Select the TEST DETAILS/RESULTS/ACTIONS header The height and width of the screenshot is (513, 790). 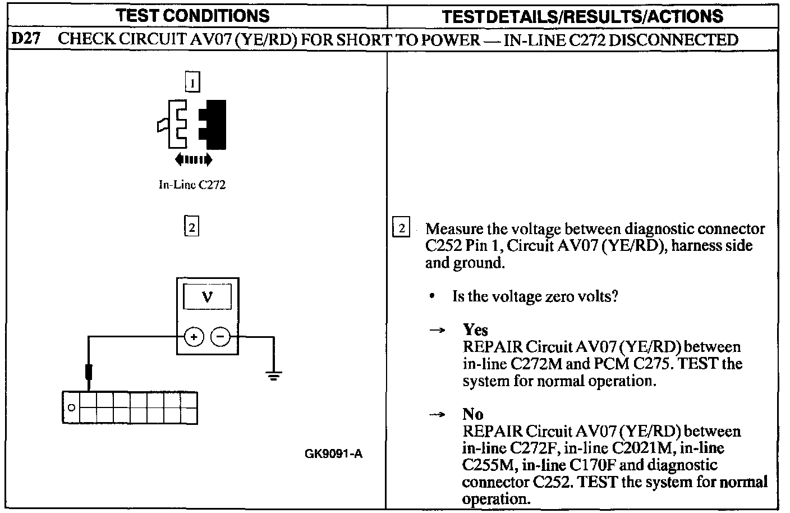(x=582, y=16)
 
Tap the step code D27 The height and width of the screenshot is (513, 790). (x=25, y=39)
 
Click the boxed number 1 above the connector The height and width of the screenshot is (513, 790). (x=192, y=84)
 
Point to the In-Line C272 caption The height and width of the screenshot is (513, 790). (x=192, y=185)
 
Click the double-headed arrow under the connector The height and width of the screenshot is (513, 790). (x=193, y=160)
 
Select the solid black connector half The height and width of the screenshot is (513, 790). (x=214, y=125)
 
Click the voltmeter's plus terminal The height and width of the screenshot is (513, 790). (x=194, y=337)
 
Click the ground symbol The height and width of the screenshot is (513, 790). (x=273, y=375)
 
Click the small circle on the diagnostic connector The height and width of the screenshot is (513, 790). (x=71, y=407)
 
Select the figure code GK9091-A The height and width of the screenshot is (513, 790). (x=334, y=454)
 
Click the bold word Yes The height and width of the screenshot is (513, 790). (x=475, y=329)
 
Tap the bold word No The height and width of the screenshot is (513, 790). (x=473, y=414)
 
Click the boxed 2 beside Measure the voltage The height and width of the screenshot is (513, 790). (x=401, y=228)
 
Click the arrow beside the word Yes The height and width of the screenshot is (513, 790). (x=437, y=331)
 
